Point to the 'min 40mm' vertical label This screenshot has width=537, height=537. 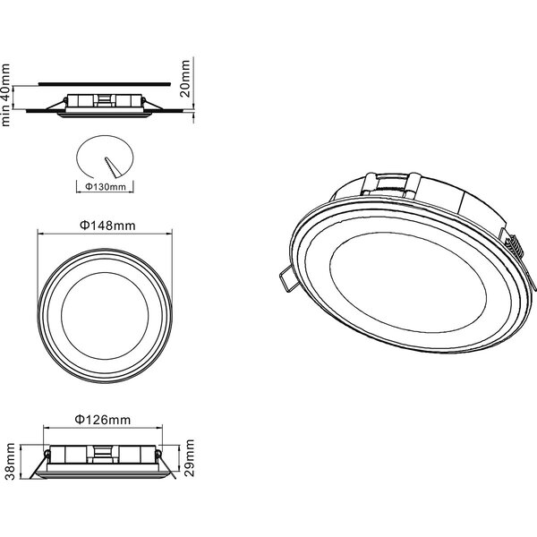point(7,94)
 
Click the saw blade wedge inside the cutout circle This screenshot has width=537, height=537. point(110,166)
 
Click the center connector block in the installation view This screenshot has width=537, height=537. point(105,99)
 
